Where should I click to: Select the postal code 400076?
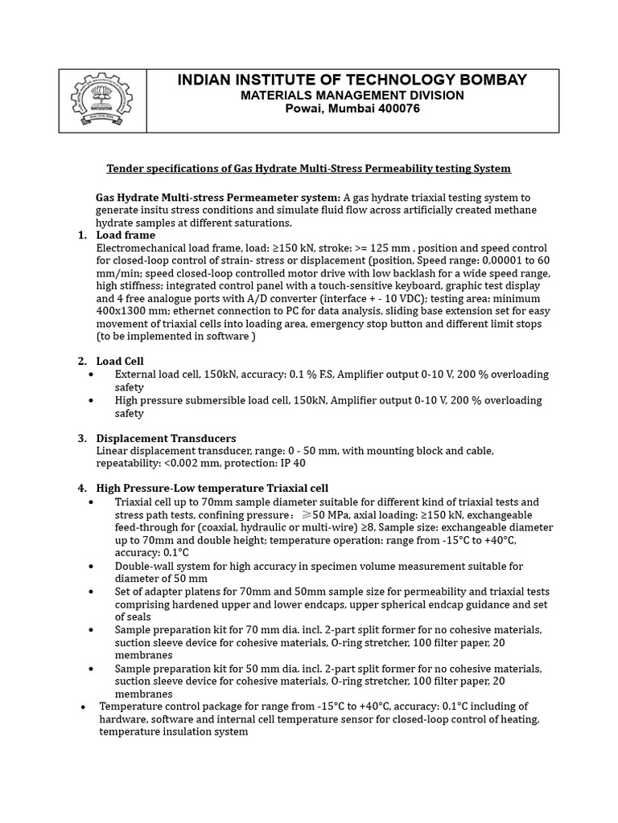(x=393, y=109)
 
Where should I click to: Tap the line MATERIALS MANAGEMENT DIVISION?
(x=352, y=95)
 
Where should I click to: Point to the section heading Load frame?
(x=126, y=235)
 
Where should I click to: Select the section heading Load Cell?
(x=120, y=361)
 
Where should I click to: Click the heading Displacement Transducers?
(x=166, y=438)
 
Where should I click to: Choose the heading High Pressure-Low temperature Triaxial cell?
(x=212, y=488)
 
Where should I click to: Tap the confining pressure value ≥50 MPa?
(x=331, y=514)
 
